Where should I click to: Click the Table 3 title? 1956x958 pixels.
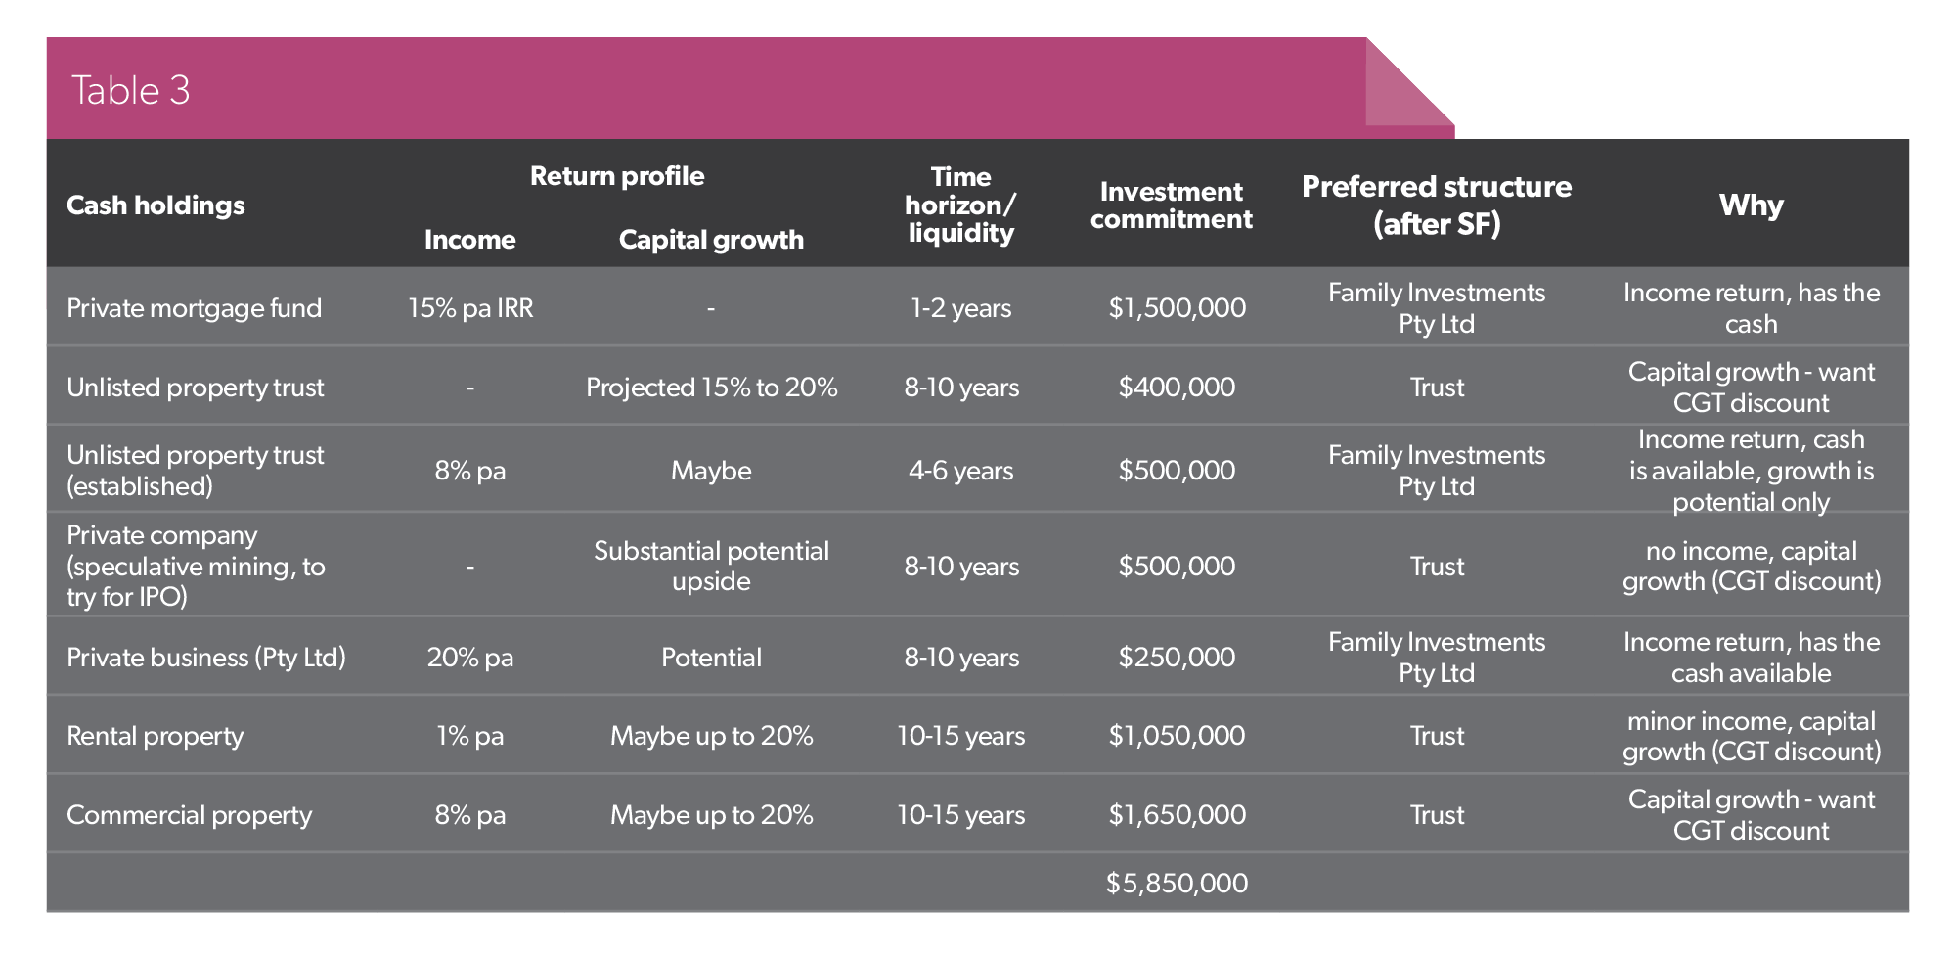click(131, 90)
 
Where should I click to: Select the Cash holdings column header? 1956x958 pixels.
click(156, 205)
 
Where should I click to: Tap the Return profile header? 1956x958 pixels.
click(617, 176)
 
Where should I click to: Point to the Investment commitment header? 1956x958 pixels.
click(1172, 205)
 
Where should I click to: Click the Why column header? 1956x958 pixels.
click(1752, 205)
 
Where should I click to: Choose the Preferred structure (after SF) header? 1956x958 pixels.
click(1437, 205)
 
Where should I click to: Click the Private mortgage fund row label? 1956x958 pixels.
click(194, 308)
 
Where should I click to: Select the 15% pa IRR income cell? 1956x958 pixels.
click(470, 308)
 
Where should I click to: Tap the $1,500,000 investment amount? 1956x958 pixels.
click(1178, 308)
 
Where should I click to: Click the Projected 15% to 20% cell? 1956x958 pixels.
click(712, 388)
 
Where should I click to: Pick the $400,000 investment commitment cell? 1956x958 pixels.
click(1178, 388)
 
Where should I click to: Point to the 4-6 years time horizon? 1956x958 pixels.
click(961, 471)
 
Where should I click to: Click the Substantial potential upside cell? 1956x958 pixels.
click(712, 566)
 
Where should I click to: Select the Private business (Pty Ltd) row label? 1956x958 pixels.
click(206, 658)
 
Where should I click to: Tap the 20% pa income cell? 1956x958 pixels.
click(470, 658)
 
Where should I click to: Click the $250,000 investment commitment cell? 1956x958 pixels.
click(1178, 658)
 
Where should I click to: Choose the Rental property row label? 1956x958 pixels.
click(156, 736)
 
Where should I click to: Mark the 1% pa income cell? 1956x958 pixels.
click(470, 736)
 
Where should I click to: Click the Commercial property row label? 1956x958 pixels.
click(190, 815)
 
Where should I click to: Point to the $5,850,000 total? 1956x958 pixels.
click(1178, 884)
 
